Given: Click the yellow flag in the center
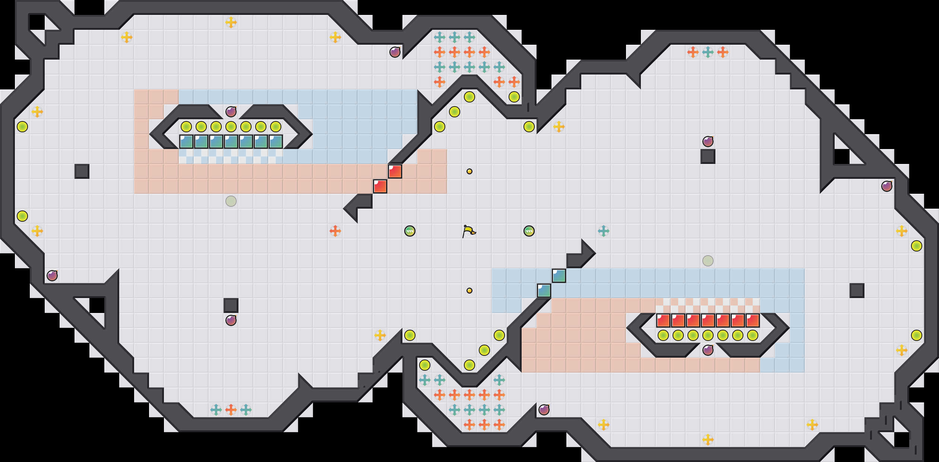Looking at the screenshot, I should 469,231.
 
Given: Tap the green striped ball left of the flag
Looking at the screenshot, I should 410,231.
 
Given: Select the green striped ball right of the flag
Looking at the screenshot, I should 529,231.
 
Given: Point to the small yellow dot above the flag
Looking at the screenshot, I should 469,171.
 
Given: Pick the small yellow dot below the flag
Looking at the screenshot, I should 469,291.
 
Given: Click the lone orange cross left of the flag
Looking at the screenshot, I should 335,231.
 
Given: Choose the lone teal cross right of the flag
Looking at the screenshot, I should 604,231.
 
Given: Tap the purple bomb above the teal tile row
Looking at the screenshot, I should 231,111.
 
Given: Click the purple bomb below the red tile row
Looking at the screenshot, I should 708,350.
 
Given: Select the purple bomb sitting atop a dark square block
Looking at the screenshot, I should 708,141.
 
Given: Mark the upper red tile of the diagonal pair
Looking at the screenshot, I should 395,171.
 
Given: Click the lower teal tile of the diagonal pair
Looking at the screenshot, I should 544,291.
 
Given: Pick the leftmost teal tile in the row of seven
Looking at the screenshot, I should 186,142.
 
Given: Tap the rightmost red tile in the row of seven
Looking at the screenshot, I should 753,320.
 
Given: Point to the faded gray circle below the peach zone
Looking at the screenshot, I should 231,201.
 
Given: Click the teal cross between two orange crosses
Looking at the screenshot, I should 708,52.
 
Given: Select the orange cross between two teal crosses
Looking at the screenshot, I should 231,410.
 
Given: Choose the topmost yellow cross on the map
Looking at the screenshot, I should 231,22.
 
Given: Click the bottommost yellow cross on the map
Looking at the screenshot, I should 708,440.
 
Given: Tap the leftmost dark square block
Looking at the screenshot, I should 82,171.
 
